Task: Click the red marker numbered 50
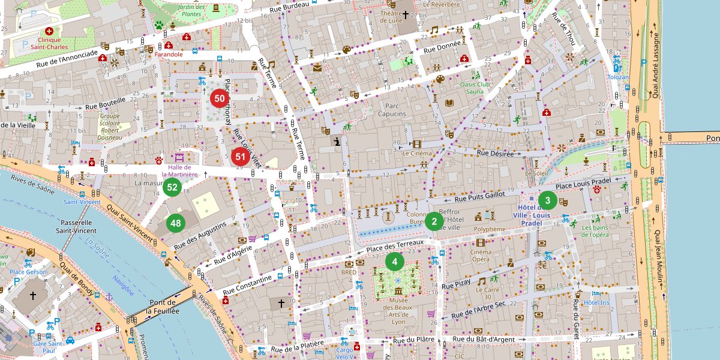(220, 98)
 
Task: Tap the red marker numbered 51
(241, 157)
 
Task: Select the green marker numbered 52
(172, 187)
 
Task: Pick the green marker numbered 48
(175, 224)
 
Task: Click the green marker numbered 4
(394, 261)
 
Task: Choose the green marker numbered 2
(434, 221)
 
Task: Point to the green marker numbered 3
(547, 200)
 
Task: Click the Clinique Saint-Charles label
(49, 43)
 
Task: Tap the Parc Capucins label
(392, 110)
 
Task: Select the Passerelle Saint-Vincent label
(77, 226)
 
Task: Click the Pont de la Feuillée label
(163, 307)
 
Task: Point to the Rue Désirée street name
(495, 154)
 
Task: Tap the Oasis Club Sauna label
(475, 88)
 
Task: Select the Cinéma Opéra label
(480, 256)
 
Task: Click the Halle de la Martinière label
(179, 171)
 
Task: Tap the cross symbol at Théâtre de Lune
(405, 14)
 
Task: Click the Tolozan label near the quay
(618, 77)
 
